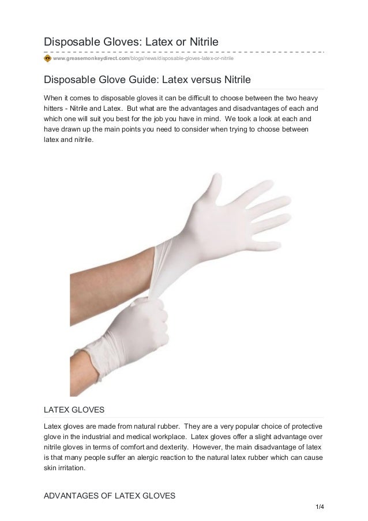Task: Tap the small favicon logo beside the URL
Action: [x=47, y=58]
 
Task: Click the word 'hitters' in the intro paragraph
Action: [x=55, y=109]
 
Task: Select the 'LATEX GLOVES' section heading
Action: [x=74, y=410]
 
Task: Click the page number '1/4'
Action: [x=316, y=508]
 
